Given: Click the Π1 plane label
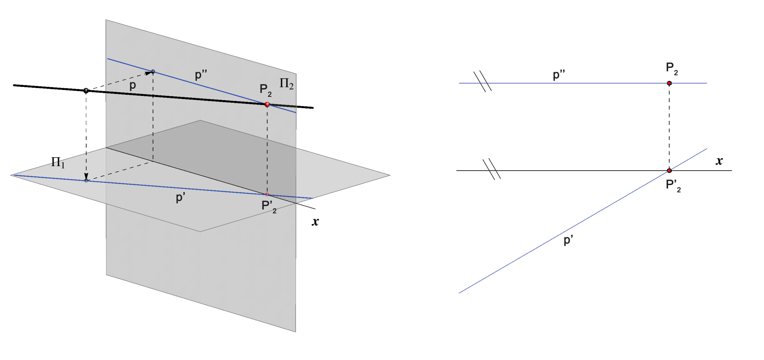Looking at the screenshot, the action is point(58,162).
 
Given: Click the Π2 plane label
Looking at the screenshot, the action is point(286,83).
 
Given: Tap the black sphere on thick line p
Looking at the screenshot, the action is point(86,90).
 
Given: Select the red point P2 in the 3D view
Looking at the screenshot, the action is point(267,104).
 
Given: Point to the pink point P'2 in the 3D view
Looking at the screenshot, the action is point(267,195).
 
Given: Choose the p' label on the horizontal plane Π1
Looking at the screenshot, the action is point(180,197).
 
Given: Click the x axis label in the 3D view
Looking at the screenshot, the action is point(315,222).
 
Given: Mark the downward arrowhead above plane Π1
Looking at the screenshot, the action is point(86,176).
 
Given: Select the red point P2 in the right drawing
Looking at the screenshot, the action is point(669,83).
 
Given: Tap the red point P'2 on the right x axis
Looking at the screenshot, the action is point(669,170).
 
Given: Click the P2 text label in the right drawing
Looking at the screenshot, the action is point(672,68).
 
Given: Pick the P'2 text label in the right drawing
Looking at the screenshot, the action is point(673,186).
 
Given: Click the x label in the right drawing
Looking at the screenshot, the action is point(719,161).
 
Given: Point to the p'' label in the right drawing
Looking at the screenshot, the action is point(559,75).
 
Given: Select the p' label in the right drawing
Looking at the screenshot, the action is point(568,240).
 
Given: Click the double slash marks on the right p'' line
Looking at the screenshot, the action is point(482,81).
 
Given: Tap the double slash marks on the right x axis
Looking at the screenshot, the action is point(492,169).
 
